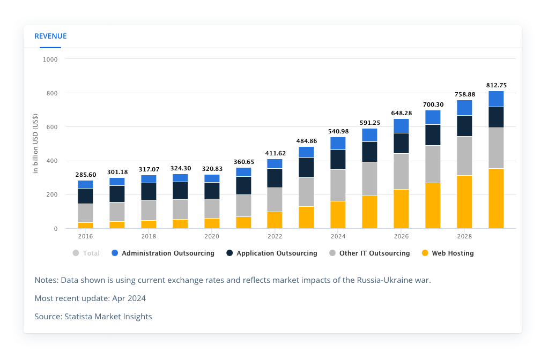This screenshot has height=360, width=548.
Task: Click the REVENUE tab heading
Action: click(x=50, y=36)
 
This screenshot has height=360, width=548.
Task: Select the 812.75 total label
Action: click(x=496, y=85)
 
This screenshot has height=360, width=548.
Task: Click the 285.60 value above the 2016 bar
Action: click(x=85, y=175)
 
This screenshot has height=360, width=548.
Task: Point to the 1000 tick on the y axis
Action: click(x=50, y=59)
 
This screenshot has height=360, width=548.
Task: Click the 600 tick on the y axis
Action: click(x=51, y=127)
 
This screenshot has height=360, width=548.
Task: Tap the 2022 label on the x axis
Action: click(x=275, y=236)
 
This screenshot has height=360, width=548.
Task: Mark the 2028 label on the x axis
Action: click(x=464, y=236)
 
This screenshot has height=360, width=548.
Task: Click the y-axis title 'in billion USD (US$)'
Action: click(x=36, y=144)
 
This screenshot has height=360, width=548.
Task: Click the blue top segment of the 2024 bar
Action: click(x=338, y=143)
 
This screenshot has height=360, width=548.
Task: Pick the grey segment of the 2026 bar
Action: click(x=401, y=171)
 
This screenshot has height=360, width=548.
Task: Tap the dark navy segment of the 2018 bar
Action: click(x=149, y=191)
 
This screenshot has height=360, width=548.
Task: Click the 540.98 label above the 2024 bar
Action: click(x=338, y=131)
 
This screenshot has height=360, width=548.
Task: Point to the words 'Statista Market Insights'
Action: click(x=108, y=317)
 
